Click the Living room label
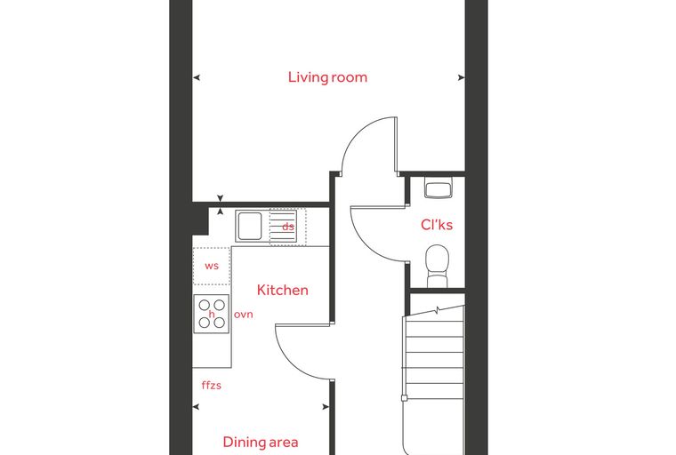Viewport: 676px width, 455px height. click(x=327, y=77)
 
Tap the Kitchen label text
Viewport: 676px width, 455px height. click(x=282, y=290)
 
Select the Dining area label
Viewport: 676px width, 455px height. click(x=261, y=442)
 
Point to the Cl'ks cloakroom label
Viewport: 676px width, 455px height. click(x=437, y=225)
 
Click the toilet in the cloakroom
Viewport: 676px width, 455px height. click(x=437, y=266)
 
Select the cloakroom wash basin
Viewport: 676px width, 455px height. click(x=438, y=188)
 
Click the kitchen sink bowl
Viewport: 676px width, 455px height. click(x=249, y=226)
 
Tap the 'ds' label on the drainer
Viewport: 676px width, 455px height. click(x=288, y=227)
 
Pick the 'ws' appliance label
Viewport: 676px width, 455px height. click(x=212, y=266)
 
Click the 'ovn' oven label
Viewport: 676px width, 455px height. click(x=243, y=315)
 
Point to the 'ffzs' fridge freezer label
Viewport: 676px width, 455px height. click(x=212, y=385)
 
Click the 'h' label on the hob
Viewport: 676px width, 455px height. click(x=212, y=314)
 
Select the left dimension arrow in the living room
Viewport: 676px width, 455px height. click(x=197, y=77)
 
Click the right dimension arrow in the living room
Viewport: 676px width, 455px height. click(x=461, y=77)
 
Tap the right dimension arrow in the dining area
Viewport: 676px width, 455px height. click(x=326, y=407)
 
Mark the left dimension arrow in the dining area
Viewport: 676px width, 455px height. click(x=197, y=407)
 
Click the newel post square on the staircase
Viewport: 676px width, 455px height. click(x=404, y=398)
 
